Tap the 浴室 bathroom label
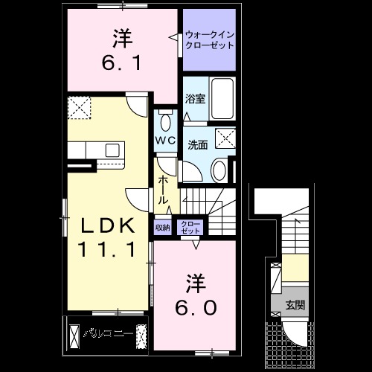[196, 97]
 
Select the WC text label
[165, 140]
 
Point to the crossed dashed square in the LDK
[79, 109]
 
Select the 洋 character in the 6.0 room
[196, 283]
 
